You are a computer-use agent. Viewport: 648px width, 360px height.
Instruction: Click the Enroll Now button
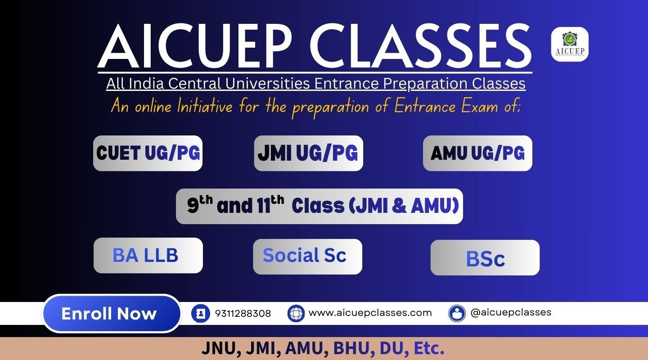pos(112,313)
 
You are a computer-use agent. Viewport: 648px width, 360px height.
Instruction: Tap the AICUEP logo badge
pos(570,44)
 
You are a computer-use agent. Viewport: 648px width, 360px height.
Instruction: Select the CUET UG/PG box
pos(148,153)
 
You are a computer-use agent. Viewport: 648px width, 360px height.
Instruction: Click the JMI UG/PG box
pos(308,153)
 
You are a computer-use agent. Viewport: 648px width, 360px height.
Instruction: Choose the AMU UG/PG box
pos(477,153)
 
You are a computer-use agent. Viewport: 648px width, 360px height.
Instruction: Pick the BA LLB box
pos(148,256)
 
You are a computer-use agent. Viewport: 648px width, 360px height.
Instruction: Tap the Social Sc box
pos(307,256)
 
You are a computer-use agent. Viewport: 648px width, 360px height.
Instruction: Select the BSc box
pos(485,257)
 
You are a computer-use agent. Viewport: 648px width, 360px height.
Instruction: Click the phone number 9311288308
pos(243,313)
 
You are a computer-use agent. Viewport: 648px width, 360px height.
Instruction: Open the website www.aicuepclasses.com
pos(370,313)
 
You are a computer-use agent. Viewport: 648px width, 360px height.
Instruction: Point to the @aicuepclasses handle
pos(511,313)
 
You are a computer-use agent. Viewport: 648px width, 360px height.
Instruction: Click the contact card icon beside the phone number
pos(201,313)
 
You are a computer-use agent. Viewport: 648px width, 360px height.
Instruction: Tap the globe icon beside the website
pos(296,313)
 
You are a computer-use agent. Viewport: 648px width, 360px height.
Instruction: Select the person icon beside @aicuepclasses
pos(457,313)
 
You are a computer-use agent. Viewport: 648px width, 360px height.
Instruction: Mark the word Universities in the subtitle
pos(268,84)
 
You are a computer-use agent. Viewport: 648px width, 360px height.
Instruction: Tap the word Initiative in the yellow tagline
pos(205,106)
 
